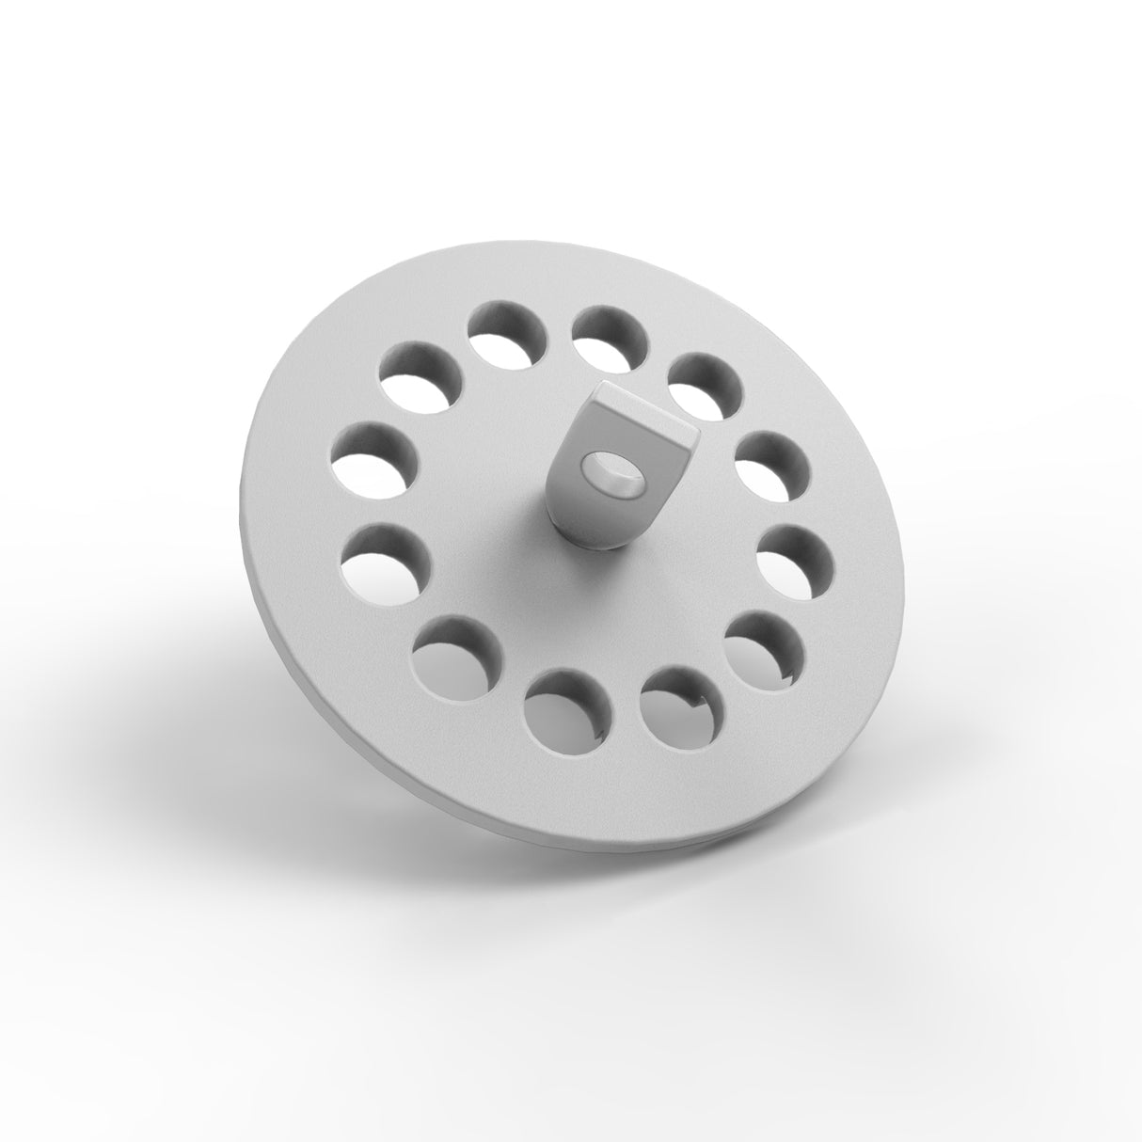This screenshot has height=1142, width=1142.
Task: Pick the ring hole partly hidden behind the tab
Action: click(703, 386)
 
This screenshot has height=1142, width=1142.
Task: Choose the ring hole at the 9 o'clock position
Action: click(373, 460)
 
